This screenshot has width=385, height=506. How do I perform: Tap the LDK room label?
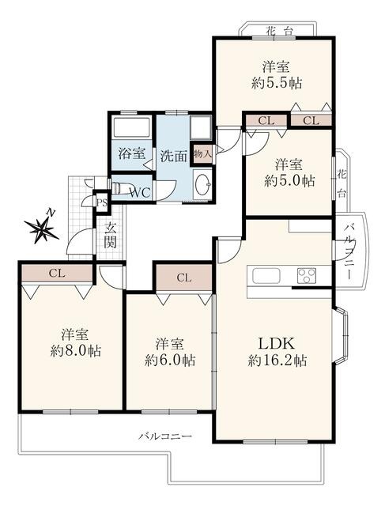coord(277,343)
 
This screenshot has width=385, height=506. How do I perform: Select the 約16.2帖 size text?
coord(277,361)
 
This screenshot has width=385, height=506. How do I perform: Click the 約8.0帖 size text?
coord(76,350)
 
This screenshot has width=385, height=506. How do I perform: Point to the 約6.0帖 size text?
coord(170,361)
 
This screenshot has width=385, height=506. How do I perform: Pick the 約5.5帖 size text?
coord(277,84)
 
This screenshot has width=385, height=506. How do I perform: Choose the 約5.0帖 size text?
coord(289,181)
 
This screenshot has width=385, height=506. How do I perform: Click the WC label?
coord(140,193)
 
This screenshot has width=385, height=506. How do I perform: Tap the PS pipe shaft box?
coord(102,203)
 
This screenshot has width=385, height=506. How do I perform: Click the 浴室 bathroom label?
coord(132,153)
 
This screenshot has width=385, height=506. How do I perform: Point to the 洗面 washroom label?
coord(174,157)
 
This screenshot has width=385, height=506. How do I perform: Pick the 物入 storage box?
coord(202,154)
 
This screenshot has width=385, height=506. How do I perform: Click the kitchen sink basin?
coord(266,275)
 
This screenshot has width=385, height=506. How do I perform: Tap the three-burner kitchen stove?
coord(306,275)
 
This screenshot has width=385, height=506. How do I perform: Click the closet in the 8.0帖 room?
coord(57,274)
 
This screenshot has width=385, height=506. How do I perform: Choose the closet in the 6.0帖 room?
coord(184,278)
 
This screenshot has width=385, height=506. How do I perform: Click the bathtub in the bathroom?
coord(131,126)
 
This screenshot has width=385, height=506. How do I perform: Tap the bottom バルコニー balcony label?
coord(165,436)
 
